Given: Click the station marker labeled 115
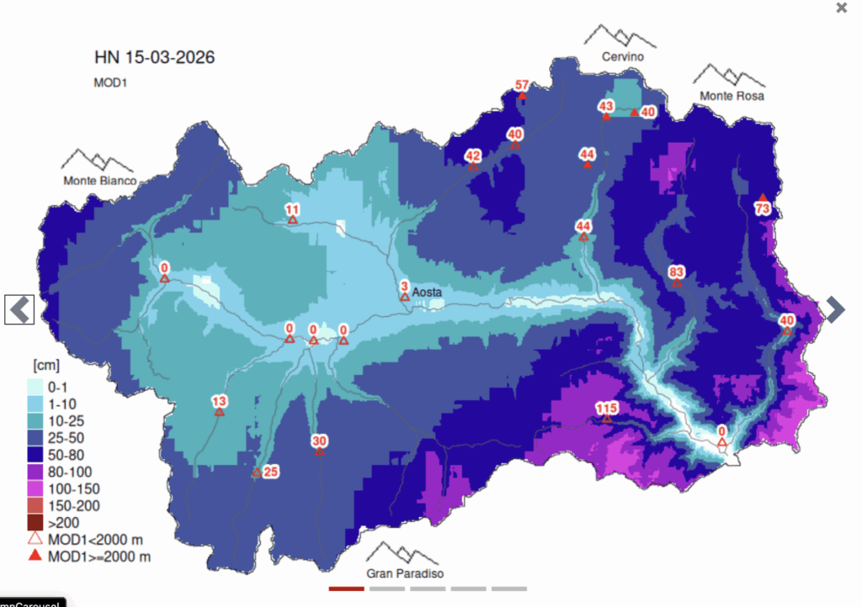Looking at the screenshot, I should tap(606, 409).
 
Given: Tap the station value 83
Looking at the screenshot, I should tap(676, 272).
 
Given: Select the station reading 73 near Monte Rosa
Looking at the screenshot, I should tap(763, 208).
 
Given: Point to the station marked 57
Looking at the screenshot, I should tap(522, 86).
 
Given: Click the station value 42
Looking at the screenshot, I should tap(473, 156).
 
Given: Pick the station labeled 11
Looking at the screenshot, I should tap(292, 210).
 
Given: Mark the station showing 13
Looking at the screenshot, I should tap(219, 401).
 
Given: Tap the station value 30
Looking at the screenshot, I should tap(319, 441).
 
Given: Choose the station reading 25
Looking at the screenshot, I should tap(270, 472).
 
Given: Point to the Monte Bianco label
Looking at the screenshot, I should tap(99, 181).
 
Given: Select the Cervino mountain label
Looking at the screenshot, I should tap(622, 56).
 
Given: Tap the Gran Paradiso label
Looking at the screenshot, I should tap(405, 573).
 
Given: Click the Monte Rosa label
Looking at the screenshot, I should tap(732, 97).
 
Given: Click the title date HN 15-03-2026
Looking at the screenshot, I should tap(154, 58).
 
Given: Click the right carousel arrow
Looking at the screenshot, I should tap(834, 309).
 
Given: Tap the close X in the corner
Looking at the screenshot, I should tap(841, 8).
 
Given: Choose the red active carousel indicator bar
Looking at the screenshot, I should tap(347, 589).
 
